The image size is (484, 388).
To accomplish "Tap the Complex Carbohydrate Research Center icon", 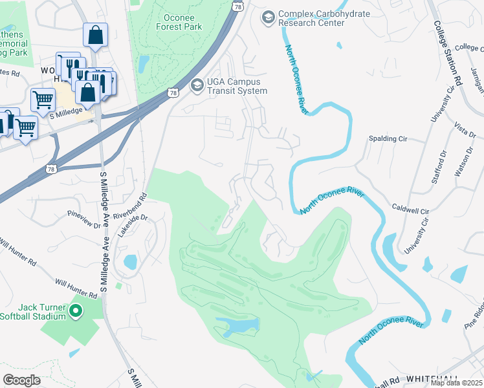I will pyautogui.click(x=267, y=17).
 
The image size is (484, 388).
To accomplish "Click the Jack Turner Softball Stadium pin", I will pyautogui.click(x=76, y=312).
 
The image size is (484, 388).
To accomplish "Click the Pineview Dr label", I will pyautogui.click(x=84, y=219).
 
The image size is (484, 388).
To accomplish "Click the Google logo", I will pyautogui.click(x=22, y=380).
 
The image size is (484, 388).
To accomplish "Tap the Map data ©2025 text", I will pyautogui.click(x=456, y=383).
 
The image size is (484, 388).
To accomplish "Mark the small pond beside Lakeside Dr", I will pyautogui.click(x=130, y=262).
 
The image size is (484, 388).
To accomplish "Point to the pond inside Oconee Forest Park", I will pyautogui.click(x=144, y=64).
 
